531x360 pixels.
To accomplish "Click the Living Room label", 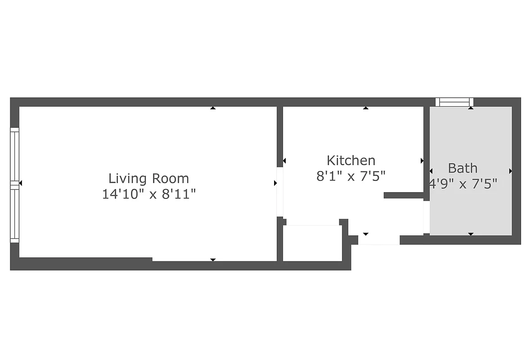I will (x=148, y=179).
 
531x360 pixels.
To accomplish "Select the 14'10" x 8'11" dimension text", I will (x=148, y=194).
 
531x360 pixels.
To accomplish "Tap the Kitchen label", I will (x=351, y=160).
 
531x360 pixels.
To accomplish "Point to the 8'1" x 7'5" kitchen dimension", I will (x=351, y=175).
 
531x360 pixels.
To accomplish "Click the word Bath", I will (x=463, y=168).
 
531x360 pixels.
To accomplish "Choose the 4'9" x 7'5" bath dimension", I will (x=463, y=184).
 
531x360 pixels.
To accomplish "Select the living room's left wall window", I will (x=15, y=184).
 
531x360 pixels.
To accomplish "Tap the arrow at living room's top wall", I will (x=213, y=108).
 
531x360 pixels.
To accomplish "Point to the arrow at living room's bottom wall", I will (x=213, y=260).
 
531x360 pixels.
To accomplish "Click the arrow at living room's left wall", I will (x=20, y=183).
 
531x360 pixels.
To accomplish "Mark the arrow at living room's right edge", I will (x=275, y=183).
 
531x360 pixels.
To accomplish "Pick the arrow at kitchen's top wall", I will (x=365, y=108).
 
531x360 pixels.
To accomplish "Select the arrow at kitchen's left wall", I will (x=284, y=161).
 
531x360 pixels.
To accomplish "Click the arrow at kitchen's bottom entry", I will (x=365, y=234).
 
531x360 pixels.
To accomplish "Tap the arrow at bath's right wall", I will (x=510, y=171).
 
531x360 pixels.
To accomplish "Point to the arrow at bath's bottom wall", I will (x=471, y=234).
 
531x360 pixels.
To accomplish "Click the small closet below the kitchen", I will (x=311, y=243).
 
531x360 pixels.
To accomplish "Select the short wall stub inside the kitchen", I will (x=404, y=195).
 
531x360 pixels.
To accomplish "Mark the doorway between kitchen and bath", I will (x=426, y=217).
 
